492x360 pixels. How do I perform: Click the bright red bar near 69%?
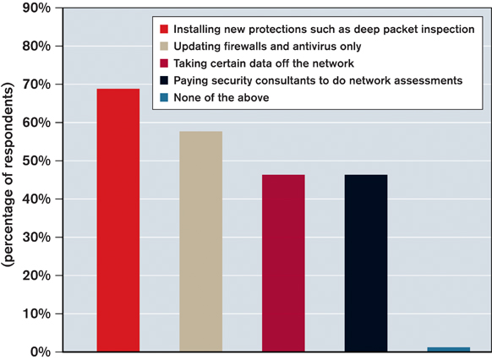(x=118, y=220)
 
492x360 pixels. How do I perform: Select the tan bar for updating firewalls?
(x=201, y=242)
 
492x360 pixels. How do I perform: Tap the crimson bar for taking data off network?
(x=283, y=263)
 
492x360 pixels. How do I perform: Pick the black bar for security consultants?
(x=366, y=263)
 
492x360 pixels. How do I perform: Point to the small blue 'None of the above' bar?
(x=448, y=349)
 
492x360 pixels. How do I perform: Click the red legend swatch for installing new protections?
(x=164, y=30)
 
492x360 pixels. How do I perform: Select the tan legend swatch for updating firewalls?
(x=164, y=46)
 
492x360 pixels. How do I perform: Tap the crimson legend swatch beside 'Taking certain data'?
(x=164, y=63)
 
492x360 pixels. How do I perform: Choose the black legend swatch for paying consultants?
(x=164, y=80)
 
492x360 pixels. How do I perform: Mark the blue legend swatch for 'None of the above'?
(x=164, y=97)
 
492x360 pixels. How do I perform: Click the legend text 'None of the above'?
(x=221, y=97)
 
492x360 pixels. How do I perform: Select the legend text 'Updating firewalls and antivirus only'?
(x=267, y=46)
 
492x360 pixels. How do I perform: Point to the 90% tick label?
(x=36, y=8)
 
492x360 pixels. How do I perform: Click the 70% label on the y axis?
(x=36, y=85)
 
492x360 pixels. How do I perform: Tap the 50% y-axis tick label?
(x=36, y=161)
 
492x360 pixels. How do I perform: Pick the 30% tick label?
(x=36, y=237)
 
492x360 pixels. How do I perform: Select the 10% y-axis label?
(x=36, y=314)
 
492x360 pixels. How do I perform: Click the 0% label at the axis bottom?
(x=41, y=352)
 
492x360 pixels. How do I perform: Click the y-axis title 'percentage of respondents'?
(x=8, y=174)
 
